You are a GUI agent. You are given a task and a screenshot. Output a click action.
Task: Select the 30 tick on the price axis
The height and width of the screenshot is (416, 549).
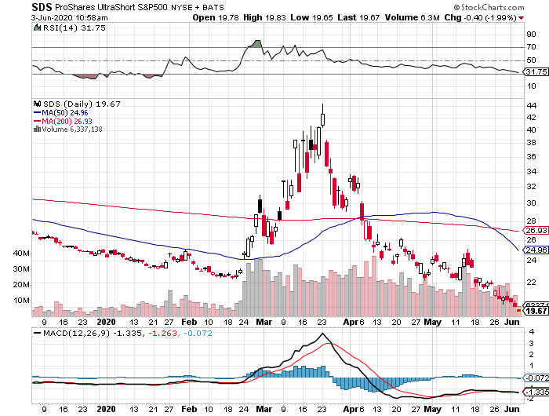[532, 203]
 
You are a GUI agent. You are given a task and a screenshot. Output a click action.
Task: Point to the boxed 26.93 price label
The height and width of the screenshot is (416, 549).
[535, 231]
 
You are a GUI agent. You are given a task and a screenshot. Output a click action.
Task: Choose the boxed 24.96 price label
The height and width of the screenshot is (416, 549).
[535, 250]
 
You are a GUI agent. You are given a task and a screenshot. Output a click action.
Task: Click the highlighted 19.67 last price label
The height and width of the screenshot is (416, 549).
[535, 312]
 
